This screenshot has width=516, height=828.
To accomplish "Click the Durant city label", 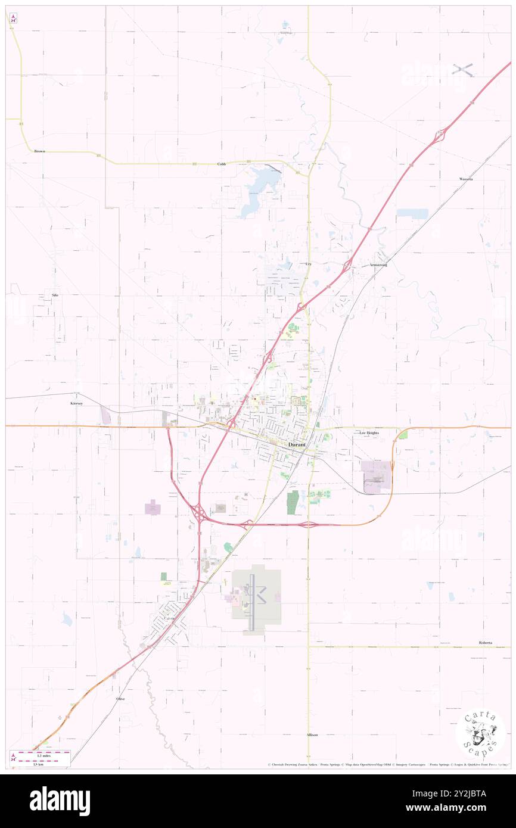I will (x=297, y=445).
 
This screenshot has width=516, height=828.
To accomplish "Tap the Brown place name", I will (x=39, y=151).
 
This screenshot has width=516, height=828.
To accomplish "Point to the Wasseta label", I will (x=465, y=179).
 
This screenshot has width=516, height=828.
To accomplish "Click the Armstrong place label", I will (x=378, y=264).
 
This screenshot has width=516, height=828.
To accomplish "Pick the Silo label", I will (x=55, y=295).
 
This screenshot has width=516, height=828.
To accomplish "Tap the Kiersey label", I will (x=75, y=403).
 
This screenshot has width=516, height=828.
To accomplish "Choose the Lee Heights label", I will (x=369, y=433).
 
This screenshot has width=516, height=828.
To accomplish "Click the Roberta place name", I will (x=486, y=643).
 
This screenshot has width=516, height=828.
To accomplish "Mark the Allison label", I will (x=312, y=735).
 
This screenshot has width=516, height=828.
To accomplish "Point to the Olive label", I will (x=120, y=698).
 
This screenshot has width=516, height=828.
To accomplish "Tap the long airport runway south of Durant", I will (x=252, y=602).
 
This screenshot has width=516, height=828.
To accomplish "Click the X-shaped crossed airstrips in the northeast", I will (x=462, y=70).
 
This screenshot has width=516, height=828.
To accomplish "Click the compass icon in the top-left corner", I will (x=13, y=17).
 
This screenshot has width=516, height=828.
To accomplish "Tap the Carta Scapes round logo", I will (x=480, y=733).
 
